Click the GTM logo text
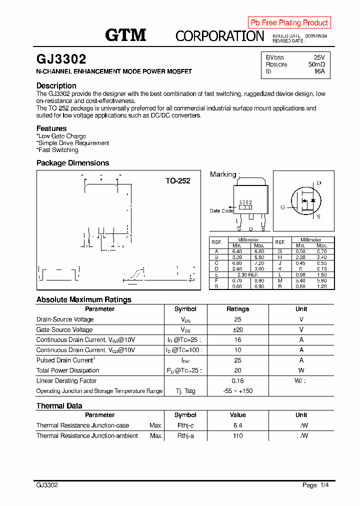[125, 35]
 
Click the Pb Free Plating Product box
[289, 22]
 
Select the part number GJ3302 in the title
[61, 59]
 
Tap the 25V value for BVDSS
[319, 57]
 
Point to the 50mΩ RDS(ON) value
[316, 64]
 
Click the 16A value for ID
[319, 71]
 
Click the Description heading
[56, 85]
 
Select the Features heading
[51, 128]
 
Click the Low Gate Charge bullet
[61, 136]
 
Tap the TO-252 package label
[177, 181]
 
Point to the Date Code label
[221, 211]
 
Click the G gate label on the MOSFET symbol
[282, 207]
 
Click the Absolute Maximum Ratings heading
[83, 299]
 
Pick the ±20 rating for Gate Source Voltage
[237, 330]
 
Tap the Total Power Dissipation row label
[67, 370]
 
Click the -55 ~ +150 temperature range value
[237, 391]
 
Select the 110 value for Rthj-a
[237, 436]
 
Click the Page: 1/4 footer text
[315, 485]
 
